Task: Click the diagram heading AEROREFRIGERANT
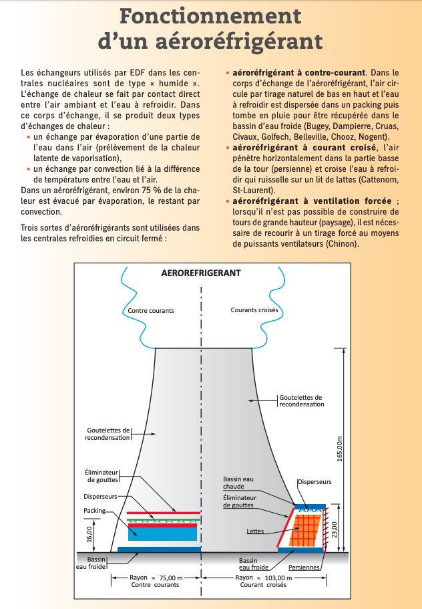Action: click(201, 273)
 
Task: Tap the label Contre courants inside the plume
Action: click(151, 311)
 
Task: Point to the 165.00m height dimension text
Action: click(339, 449)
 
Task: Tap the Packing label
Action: click(95, 509)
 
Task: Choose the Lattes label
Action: click(253, 531)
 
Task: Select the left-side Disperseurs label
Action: click(101, 497)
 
